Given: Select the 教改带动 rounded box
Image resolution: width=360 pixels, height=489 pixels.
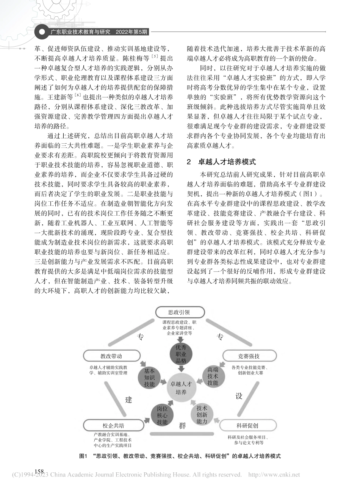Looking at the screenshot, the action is [111, 356].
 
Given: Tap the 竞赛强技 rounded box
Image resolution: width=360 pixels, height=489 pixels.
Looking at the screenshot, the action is [249, 356].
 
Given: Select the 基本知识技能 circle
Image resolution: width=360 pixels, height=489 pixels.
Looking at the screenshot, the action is [149, 378].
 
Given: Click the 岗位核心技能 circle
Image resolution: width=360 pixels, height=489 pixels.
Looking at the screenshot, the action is [162, 415].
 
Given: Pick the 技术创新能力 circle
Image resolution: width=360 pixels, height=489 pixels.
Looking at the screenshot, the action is [202, 414].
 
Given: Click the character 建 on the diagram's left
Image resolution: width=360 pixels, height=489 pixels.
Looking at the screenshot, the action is [129, 400].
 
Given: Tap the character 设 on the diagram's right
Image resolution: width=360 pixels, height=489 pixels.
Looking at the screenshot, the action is [239, 396].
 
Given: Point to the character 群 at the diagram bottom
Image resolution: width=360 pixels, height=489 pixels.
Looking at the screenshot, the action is [182, 425].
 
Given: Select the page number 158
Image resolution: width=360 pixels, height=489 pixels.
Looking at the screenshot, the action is [39, 471].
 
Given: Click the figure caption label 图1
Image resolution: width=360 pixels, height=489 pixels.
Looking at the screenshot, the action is [83, 456].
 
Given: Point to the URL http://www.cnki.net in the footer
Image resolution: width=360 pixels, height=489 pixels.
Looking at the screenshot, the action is [274, 475].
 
